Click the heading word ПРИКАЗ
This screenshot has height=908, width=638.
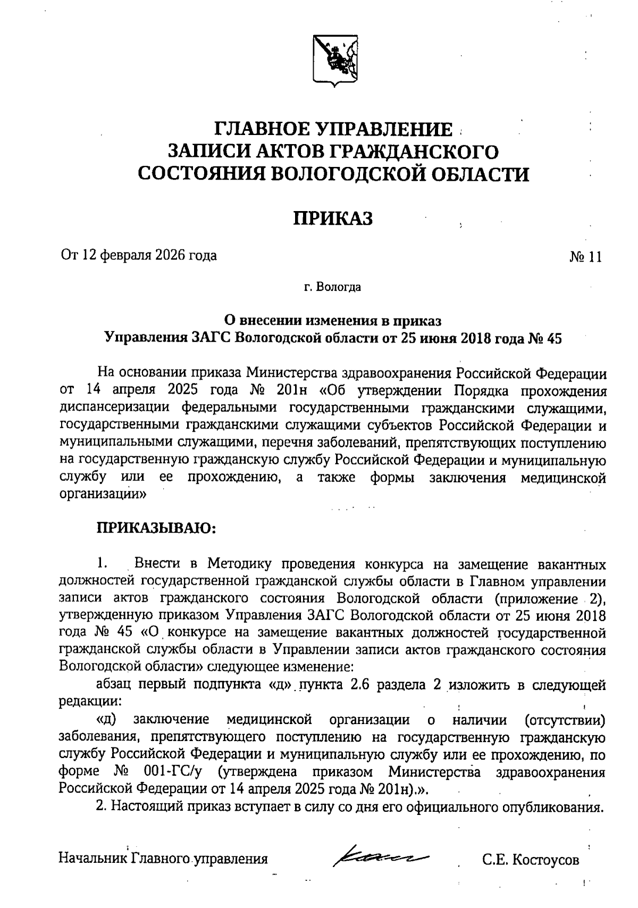334,218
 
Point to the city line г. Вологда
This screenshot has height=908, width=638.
333,288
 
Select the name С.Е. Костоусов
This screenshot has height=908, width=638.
531,860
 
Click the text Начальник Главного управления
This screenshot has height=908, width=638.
164,859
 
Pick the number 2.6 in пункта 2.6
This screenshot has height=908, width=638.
356,685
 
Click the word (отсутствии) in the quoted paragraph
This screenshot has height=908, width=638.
565,720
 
